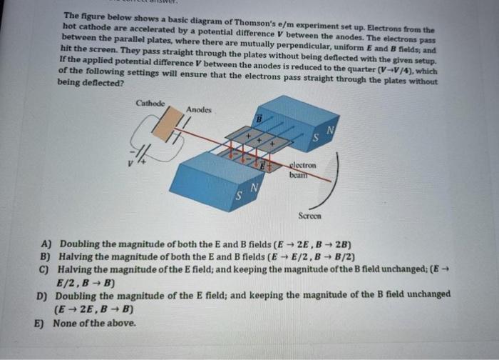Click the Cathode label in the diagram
point(150,104)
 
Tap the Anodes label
point(199,109)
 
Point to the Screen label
point(309,215)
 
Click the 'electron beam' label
point(302,169)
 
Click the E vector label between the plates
point(262,166)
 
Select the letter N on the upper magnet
point(329,130)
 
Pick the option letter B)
point(46,255)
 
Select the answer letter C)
point(46,269)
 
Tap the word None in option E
point(66,321)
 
